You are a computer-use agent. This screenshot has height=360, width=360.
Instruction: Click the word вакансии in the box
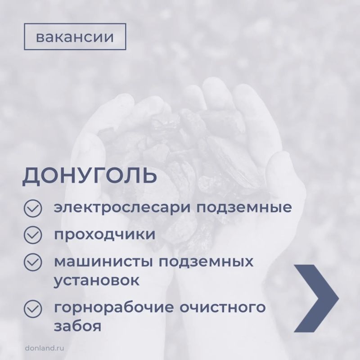(75, 37)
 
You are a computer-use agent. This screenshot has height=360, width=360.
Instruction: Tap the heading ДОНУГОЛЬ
(90, 175)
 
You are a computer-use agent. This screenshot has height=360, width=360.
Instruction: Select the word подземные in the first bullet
(244, 208)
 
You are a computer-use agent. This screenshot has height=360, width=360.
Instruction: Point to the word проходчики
(105, 234)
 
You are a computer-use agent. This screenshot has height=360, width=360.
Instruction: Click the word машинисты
(103, 262)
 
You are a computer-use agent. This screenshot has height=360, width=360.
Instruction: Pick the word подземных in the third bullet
(206, 262)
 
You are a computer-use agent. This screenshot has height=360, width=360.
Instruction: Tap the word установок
(97, 280)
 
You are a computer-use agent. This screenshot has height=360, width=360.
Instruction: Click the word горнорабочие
(114, 308)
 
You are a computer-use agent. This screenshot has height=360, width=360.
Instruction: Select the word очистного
(222, 308)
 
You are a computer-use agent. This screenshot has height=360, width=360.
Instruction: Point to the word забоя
(77, 326)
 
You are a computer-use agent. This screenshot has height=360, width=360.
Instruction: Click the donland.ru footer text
(45, 348)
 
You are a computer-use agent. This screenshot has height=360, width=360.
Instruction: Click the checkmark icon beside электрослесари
(33, 208)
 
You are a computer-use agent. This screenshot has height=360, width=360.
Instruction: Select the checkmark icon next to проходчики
(33, 235)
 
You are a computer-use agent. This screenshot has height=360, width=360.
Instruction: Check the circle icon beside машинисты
(33, 262)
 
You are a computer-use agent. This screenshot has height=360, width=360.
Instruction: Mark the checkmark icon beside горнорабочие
(33, 309)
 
